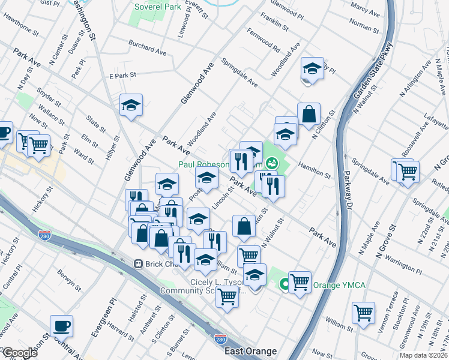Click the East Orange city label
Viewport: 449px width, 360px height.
[250, 351]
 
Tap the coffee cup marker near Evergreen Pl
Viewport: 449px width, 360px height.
[61, 325]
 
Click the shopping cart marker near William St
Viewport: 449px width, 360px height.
[363, 313]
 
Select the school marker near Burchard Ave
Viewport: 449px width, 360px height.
[131, 105]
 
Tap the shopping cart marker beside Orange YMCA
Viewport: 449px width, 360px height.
[300, 281]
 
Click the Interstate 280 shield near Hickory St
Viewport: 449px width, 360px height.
[44, 235]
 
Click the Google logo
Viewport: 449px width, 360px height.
[20, 353]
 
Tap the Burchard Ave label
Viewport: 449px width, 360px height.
[147, 47]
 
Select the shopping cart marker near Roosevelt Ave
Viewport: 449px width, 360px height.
[407, 170]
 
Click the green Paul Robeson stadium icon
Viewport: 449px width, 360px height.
[272, 163]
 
